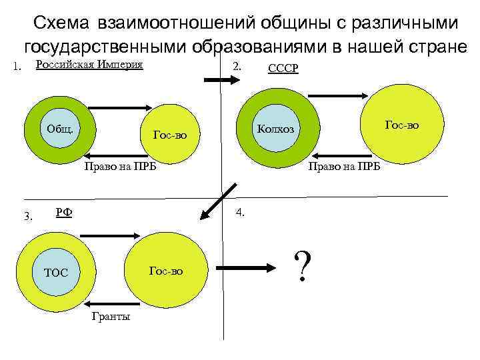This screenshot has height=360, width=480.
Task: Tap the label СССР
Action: (x=283, y=69)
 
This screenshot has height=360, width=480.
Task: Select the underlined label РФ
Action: (x=64, y=213)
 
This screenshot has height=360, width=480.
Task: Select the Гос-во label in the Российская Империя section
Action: (x=170, y=135)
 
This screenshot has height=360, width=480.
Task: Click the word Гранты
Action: (x=110, y=316)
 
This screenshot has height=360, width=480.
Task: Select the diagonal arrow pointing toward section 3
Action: (x=216, y=203)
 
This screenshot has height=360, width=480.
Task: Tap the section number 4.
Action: (x=240, y=213)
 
